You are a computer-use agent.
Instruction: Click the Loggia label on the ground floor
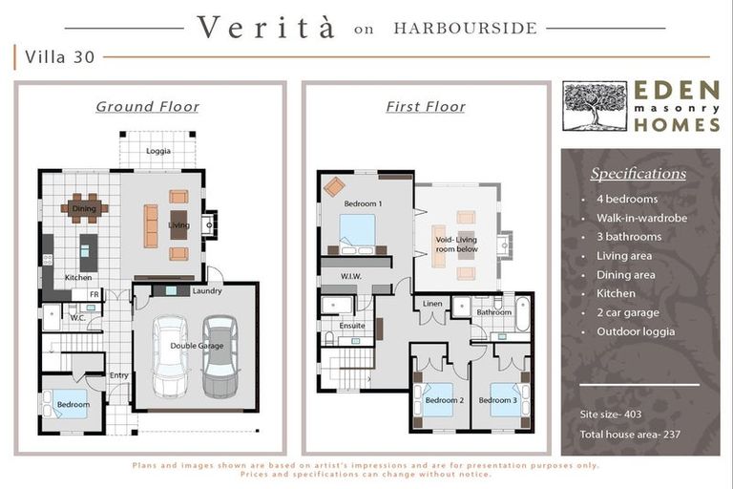click(158, 151)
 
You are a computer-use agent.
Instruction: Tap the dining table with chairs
click(85, 208)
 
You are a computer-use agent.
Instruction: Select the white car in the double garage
click(170, 356)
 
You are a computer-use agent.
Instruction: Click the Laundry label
click(207, 291)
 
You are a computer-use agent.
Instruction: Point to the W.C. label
click(77, 318)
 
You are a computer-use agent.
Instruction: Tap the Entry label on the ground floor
click(118, 375)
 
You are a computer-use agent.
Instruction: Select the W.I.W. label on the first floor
click(350, 277)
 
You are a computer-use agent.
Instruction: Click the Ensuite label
click(352, 326)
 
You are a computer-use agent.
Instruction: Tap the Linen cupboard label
click(432, 304)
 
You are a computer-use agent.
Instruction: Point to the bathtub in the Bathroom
click(523, 314)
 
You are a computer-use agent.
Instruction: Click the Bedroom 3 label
click(498, 400)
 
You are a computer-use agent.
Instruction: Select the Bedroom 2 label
click(445, 400)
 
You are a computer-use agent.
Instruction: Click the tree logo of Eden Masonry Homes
click(595, 106)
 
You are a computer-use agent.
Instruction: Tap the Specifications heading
click(639, 174)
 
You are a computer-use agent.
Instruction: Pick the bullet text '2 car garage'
click(628, 312)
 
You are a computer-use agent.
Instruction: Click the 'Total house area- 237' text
click(630, 435)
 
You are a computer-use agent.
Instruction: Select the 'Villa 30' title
click(60, 57)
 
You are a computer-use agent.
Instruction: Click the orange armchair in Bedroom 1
click(334, 186)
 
